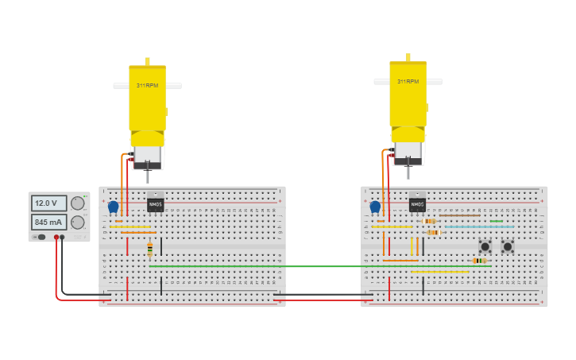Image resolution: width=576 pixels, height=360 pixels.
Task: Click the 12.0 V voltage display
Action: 49,203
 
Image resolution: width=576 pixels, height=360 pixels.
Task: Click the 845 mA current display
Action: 49,223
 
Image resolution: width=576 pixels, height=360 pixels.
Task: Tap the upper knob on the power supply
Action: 78,203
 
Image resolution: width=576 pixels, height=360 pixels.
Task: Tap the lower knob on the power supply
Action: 78,223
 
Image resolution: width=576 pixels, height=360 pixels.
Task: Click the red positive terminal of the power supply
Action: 56,237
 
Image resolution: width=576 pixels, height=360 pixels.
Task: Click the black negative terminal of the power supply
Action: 63,237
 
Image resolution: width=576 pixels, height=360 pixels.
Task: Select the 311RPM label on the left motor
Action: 147,85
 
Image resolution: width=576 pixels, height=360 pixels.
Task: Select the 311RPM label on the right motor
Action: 408,81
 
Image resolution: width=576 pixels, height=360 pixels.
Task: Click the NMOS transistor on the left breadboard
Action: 156,203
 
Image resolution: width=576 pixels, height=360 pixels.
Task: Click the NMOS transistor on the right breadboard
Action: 417,203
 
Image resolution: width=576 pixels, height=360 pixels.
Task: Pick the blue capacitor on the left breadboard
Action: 113,207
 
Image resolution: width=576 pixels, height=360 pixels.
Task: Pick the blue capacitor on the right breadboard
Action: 375,207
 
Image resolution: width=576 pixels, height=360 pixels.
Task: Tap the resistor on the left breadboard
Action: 149,250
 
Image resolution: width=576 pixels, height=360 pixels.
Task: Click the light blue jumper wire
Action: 479,226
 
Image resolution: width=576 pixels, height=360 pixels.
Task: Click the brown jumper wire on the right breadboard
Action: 459,215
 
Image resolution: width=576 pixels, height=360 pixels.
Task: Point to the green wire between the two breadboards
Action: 318,266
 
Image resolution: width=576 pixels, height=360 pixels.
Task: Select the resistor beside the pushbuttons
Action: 478,261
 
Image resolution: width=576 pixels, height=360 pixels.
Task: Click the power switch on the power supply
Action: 40,237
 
